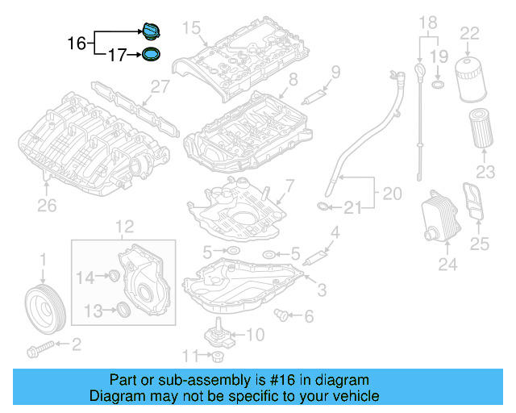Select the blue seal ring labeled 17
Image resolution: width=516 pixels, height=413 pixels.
coord(150,56)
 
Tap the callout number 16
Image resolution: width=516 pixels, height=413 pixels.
coord(76,43)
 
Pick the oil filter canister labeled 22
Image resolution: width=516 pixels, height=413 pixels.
coord(469,80)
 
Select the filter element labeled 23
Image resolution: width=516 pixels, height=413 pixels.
coord(481,130)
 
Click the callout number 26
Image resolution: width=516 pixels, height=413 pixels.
coord(47,206)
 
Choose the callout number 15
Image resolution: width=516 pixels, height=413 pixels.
coord(190,28)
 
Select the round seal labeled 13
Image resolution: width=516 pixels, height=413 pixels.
coord(122,310)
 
